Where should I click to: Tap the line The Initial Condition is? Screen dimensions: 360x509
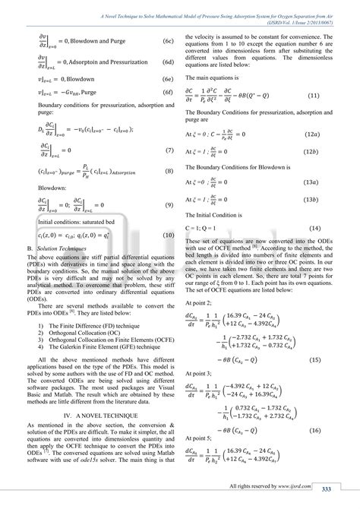click(x=219, y=214)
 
